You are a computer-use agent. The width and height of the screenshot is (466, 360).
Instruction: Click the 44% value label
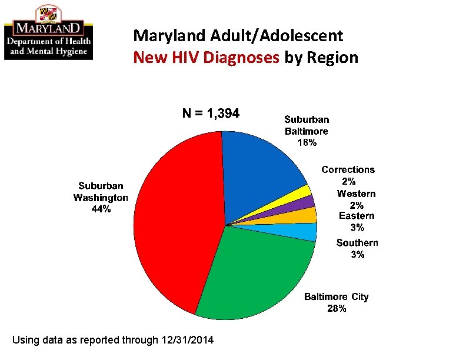point(101,209)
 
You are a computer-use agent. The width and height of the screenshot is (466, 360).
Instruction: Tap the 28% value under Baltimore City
point(337,308)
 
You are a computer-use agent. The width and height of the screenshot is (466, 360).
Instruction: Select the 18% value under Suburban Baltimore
point(307,143)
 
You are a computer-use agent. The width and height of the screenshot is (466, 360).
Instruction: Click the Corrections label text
point(348,170)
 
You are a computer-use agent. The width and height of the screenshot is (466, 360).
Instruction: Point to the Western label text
point(356,194)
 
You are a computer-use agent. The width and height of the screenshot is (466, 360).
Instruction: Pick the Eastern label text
point(357,216)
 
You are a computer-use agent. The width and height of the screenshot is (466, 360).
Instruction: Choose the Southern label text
point(357,243)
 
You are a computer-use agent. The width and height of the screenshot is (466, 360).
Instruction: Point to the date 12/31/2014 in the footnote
point(188,340)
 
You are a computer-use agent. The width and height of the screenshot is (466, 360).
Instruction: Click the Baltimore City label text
point(336,296)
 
